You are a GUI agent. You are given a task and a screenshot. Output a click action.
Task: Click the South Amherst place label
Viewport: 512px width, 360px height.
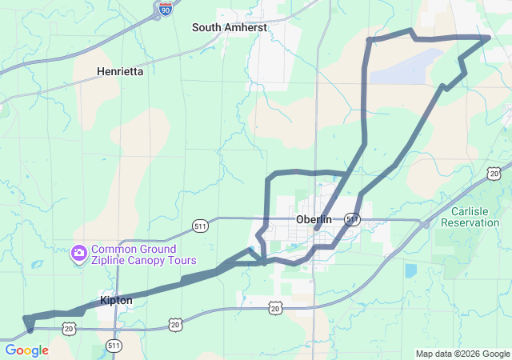point(229,27)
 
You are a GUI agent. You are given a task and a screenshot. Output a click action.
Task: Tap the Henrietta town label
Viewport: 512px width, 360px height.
point(120,71)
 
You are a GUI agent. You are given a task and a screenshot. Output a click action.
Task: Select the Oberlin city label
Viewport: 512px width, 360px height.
point(314,219)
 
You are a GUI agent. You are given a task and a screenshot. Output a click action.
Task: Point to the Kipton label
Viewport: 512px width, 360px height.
point(117,300)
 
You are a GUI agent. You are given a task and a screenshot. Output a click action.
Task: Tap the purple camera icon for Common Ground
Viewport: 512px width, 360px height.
point(78,254)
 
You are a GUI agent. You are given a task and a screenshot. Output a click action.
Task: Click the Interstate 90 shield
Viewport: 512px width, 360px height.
point(164,10)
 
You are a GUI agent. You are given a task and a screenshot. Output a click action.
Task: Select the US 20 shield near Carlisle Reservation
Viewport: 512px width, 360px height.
point(495,172)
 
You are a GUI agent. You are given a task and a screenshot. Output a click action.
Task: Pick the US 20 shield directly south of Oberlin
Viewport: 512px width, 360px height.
point(275,307)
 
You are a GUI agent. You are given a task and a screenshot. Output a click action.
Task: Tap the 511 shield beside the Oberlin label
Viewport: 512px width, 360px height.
point(352,218)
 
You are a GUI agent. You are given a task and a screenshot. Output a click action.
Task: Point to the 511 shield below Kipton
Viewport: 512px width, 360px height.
point(114,346)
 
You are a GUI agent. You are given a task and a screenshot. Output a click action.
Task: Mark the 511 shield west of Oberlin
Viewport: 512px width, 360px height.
point(200,228)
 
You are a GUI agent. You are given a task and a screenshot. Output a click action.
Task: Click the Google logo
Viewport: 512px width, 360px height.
point(27,350)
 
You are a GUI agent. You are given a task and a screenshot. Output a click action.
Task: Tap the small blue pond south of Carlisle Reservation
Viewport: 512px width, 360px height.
point(410,270)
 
